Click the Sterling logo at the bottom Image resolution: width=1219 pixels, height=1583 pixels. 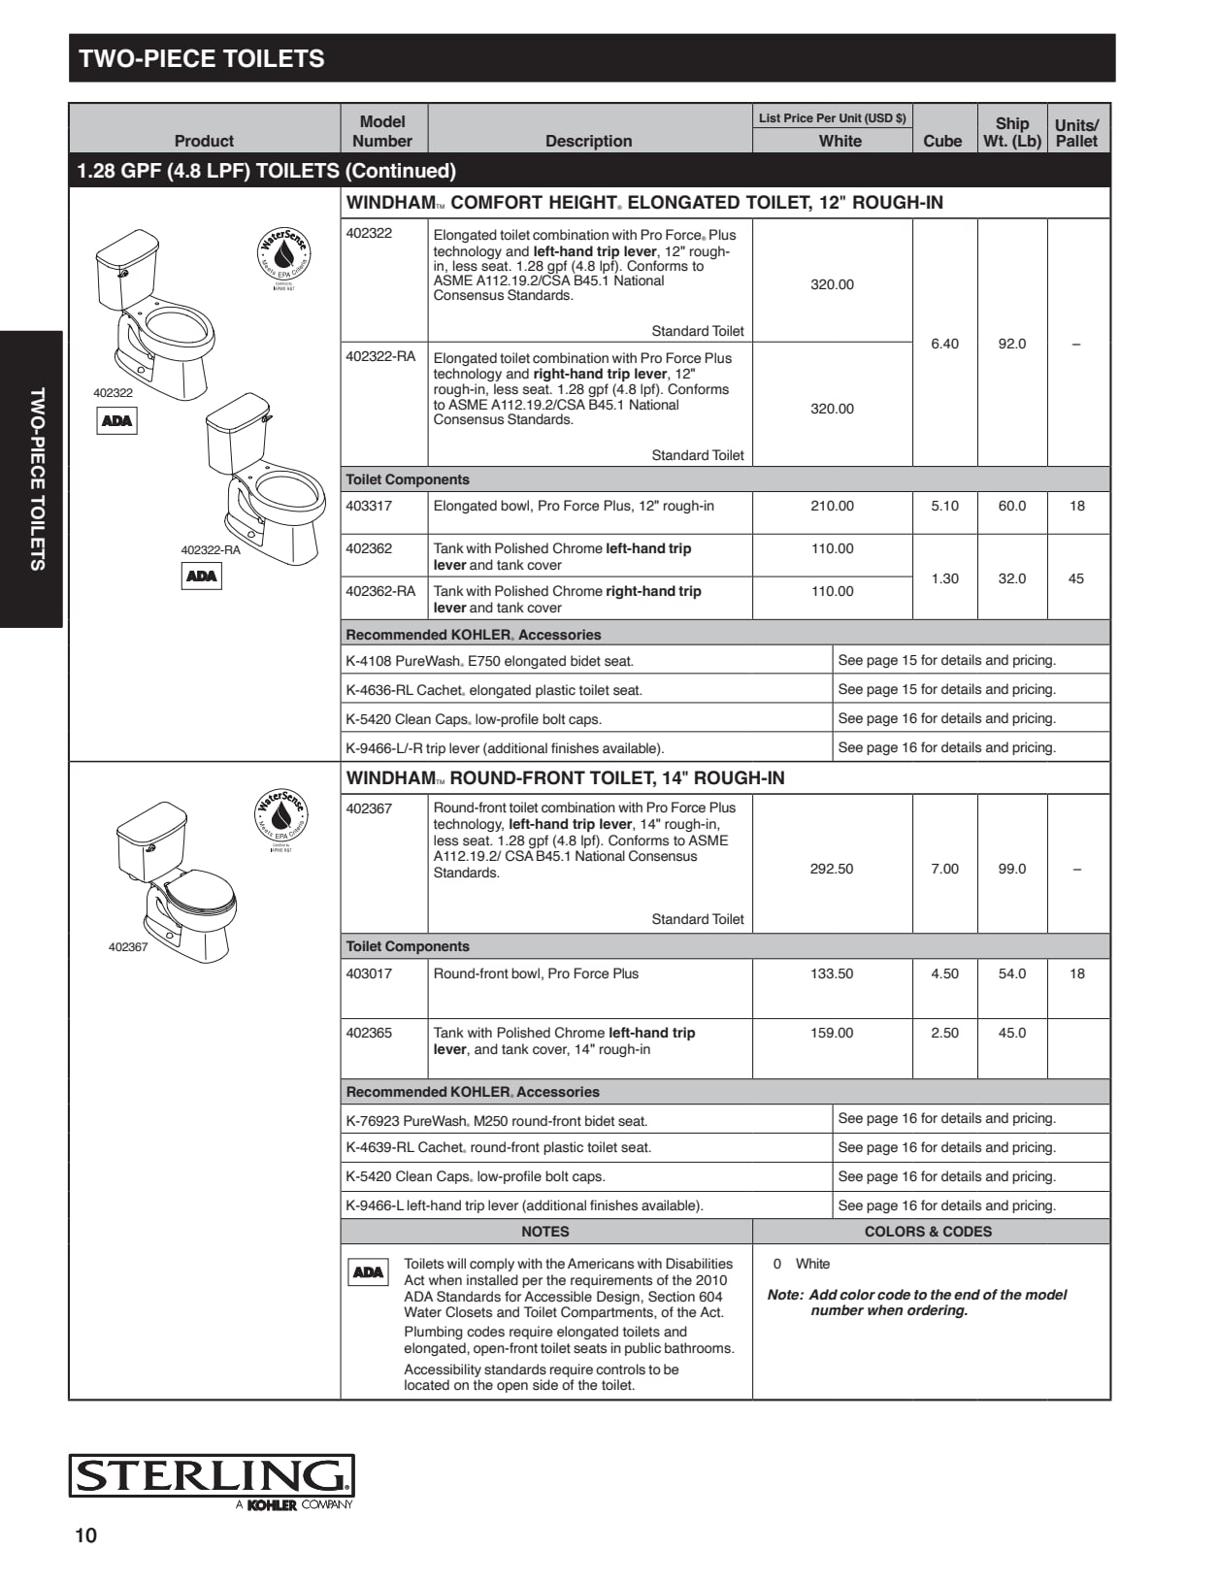[211, 1476]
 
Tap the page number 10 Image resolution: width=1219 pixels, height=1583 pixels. [86, 1534]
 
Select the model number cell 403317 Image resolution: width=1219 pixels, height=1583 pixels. [369, 506]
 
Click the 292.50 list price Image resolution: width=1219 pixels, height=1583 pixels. [832, 869]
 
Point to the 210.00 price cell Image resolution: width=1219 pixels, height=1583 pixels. [832, 506]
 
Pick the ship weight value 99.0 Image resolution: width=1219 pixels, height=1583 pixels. [1011, 869]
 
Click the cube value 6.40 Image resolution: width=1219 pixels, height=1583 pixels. [944, 344]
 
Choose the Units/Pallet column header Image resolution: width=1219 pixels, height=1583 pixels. [1076, 132]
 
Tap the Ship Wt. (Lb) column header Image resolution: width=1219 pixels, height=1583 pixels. [1011, 132]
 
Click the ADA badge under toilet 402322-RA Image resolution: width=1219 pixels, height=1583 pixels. [202, 576]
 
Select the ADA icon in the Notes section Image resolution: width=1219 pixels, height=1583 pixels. [368, 1271]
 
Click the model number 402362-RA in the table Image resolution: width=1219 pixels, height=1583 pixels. [380, 591]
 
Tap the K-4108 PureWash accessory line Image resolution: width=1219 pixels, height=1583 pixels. [490, 661]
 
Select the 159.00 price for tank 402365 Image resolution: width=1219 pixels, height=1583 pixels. [832, 1033]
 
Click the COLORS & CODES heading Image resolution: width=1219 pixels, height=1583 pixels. [928, 1232]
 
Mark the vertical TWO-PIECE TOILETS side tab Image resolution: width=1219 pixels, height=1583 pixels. [37, 479]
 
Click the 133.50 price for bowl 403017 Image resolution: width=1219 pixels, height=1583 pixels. [832, 973]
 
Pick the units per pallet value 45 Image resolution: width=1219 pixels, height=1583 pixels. [1076, 578]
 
